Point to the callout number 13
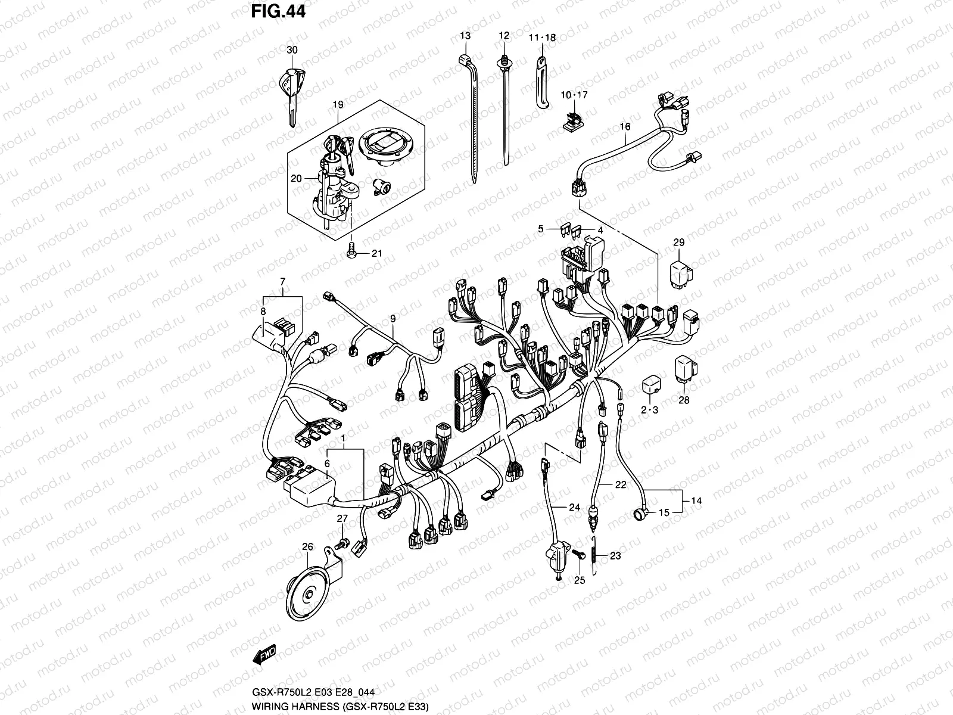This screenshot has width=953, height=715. (465, 36)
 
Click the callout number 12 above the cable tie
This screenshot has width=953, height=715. (504, 36)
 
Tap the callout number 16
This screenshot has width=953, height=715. (625, 127)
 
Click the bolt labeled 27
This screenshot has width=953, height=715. (343, 543)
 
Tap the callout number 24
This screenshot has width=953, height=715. (574, 508)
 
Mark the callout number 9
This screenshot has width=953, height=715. (393, 319)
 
